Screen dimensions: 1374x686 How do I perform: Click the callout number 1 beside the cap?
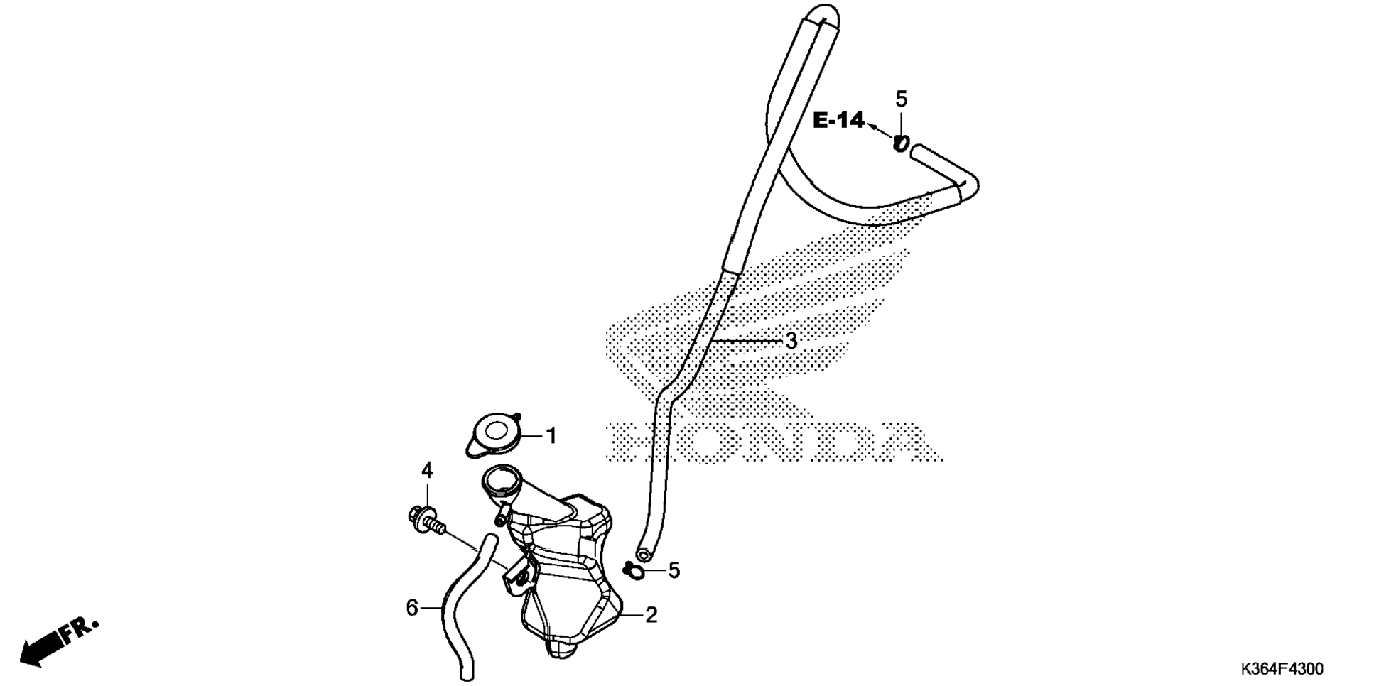pos(551,435)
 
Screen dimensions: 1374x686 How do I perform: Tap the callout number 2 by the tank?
pos(651,615)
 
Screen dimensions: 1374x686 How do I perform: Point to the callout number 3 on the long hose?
pos(791,341)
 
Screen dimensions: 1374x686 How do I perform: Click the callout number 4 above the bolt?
pos(427,469)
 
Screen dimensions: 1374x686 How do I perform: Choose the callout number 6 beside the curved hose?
pos(412,608)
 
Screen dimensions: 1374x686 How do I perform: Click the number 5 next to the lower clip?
pos(674,570)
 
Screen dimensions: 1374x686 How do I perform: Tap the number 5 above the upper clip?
pos(901,99)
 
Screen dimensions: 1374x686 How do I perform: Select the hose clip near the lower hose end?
pos(634,570)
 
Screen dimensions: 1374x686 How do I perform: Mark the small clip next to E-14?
pos(901,143)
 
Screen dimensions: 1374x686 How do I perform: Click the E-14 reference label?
pos(838,121)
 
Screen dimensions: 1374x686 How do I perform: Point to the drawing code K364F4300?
pos(1282,669)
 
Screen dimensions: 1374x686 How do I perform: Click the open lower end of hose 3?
pos(644,554)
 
